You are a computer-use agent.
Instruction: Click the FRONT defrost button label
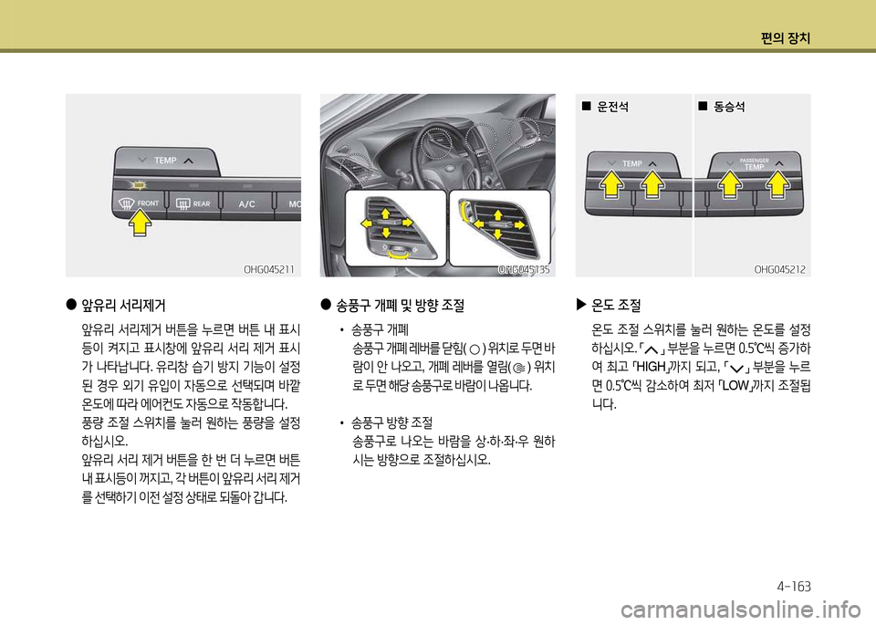[148, 203]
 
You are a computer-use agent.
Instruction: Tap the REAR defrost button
[193, 203]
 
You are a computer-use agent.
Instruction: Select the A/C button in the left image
[247, 203]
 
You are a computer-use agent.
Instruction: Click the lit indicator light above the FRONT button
[140, 183]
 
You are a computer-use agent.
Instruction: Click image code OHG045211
[268, 269]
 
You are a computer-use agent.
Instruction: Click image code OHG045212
[780, 269]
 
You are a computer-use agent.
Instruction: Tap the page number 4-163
[793, 587]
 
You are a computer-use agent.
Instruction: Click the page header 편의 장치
[786, 38]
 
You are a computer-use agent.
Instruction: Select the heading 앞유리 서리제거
[123, 306]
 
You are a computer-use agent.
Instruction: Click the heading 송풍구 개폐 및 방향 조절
[400, 306]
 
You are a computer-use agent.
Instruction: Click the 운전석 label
[613, 106]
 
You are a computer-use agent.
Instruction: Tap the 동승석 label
[729, 106]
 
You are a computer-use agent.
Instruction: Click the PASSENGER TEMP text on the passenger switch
[755, 163]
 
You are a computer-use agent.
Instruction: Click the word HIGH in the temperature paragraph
[651, 367]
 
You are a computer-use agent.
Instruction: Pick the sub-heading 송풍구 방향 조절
[391, 422]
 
